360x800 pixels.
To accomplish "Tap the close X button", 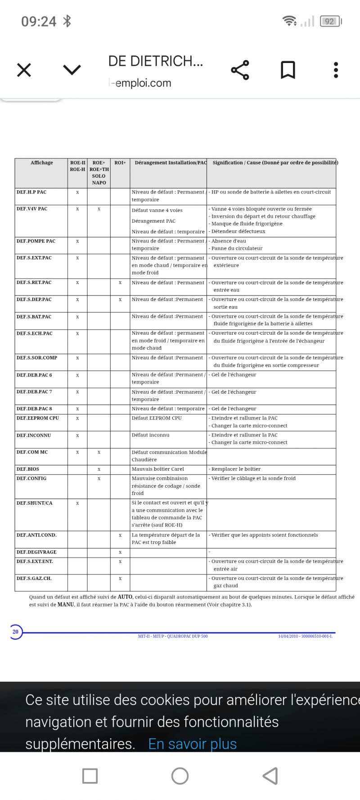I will point(24,70).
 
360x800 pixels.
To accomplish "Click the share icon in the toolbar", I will point(240,70).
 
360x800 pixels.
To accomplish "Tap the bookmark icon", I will point(288,70).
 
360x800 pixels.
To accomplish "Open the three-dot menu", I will point(336,70).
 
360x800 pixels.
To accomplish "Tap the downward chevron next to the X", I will point(72,70).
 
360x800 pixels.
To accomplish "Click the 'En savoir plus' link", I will point(192,744).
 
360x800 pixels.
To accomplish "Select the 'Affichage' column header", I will point(41,163).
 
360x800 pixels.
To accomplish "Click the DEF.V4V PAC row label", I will point(32,209).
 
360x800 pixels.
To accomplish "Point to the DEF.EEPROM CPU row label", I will point(38,418).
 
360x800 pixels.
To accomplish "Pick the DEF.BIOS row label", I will point(28,469).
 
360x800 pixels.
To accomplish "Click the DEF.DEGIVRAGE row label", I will point(36,552).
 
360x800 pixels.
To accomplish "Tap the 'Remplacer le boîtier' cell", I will point(236,469).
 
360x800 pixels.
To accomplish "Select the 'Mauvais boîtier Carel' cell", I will point(157,469).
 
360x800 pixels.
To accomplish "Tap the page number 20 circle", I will point(15,632).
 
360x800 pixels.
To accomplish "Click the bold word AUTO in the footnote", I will point(125,597).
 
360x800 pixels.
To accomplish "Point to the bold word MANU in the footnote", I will point(66,605).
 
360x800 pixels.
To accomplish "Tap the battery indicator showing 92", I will point(330,21).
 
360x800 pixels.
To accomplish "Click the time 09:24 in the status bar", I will point(39,21).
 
